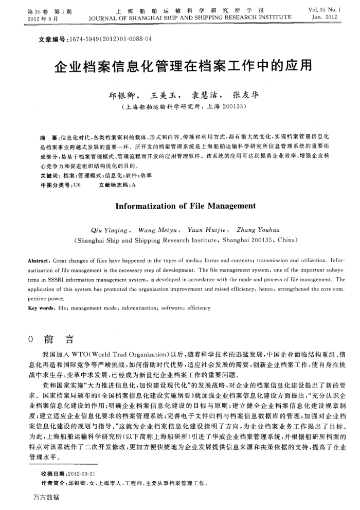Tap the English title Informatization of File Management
pos(185,206)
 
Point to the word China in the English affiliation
pos(287,240)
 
